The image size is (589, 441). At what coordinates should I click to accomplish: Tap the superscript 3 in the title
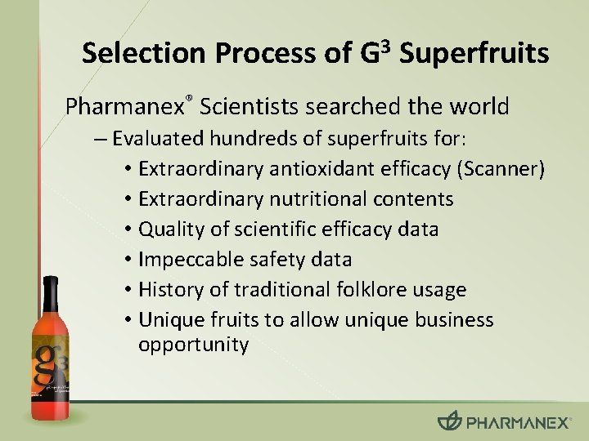[385, 43]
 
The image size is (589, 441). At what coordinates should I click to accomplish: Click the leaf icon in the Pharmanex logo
[449, 421]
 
